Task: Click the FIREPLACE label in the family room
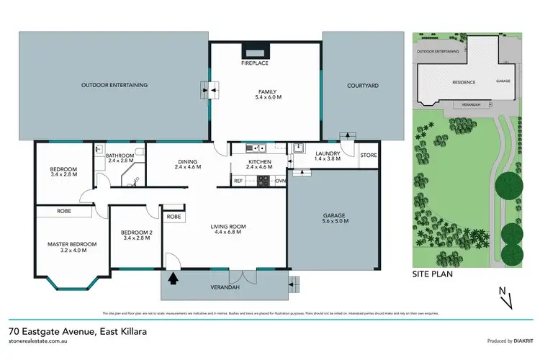[x=256, y=63]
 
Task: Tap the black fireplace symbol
[x=256, y=52]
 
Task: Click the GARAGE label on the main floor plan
[x=333, y=215]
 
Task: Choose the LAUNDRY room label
[x=328, y=153]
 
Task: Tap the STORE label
[x=368, y=155]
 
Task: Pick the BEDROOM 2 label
[x=135, y=232]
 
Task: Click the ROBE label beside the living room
[x=174, y=216]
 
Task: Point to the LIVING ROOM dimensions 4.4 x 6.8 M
[x=228, y=233]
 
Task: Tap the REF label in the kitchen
[x=238, y=180]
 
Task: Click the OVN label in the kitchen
[x=280, y=180]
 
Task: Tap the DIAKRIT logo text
[x=516, y=341]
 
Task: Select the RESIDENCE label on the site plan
[x=464, y=82]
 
